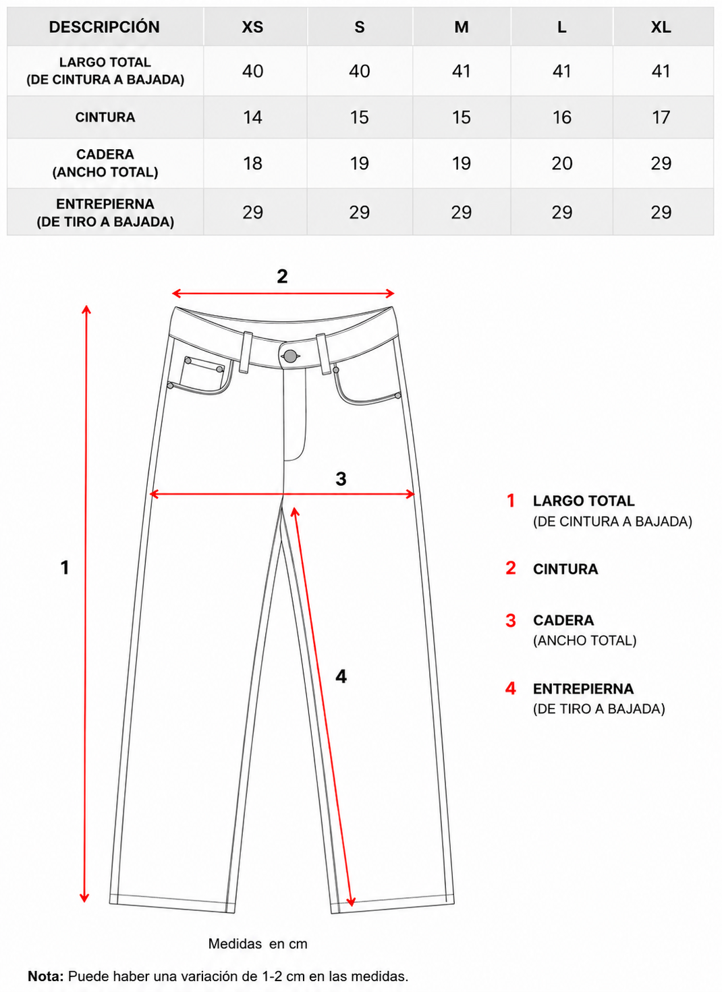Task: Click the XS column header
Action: pos(252,27)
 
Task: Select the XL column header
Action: pos(661,27)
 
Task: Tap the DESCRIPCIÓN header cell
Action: pos(105,27)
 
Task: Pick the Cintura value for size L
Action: pos(561,117)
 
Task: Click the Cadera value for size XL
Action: pos(661,163)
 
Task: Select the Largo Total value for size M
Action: pos(461,71)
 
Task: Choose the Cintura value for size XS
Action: pos(252,117)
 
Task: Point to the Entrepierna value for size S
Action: pos(359,213)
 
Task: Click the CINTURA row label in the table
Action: pos(105,117)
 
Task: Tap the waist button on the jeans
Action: pos(289,356)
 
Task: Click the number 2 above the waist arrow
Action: pos(282,277)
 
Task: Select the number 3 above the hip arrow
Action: pos(341,478)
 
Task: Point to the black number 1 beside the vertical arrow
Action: pos(65,568)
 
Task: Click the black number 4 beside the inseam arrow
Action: pos(341,676)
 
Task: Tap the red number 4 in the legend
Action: pos(511,688)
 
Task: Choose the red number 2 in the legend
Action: pos(511,568)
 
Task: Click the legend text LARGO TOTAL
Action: pos(584,501)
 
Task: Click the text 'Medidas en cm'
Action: pos(258,943)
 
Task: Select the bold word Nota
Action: pos(46,976)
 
